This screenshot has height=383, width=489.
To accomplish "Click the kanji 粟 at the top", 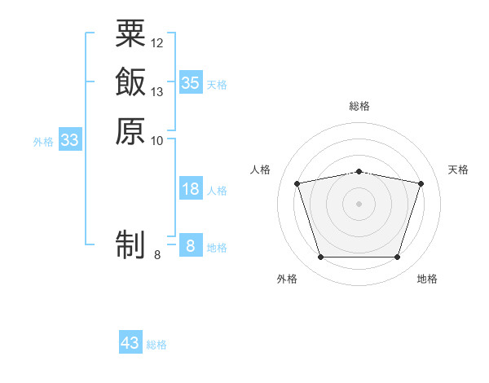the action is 130,33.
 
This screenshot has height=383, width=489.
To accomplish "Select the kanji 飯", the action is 130,81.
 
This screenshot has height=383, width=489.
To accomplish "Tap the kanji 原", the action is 130,131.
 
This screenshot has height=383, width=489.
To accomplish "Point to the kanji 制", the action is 130,244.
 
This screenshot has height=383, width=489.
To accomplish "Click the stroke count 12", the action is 156,43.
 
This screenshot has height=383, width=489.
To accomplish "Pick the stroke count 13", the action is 156,92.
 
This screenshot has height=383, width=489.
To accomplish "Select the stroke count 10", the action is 156,141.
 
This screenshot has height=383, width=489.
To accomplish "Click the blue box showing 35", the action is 191,82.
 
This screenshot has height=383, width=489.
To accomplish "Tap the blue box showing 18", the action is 191,187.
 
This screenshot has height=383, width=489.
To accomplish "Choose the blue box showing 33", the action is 70,139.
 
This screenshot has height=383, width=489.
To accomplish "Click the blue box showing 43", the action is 130,341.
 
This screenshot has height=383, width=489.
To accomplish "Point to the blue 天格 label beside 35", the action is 217,85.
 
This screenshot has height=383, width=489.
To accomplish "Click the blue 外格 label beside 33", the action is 43,143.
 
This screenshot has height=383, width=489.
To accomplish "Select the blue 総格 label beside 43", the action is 156,345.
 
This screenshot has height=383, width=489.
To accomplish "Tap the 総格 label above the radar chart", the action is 359,106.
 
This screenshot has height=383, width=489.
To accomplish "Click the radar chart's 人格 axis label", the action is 260,169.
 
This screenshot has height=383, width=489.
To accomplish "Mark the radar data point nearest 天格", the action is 421,183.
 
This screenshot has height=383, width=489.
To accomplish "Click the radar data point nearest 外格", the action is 321,257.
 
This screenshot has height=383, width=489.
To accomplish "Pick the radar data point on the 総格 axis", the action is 359,172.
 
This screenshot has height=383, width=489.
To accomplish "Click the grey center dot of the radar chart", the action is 359,204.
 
